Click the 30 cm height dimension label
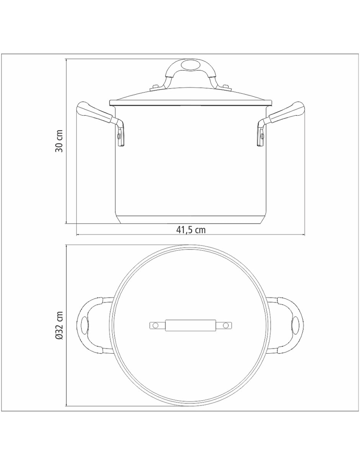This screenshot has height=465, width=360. coord(59,141)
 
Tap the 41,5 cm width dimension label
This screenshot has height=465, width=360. coord(191,230)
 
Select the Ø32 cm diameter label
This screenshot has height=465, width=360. coord(59,325)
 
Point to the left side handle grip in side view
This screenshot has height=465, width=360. coord(94,113)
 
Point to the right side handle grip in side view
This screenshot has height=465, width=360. coord(287,113)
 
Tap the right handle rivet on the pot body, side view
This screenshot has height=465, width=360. coord(262,135)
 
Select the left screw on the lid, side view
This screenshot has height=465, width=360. coord(154,87)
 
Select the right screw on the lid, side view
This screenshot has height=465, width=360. coord(226,87)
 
